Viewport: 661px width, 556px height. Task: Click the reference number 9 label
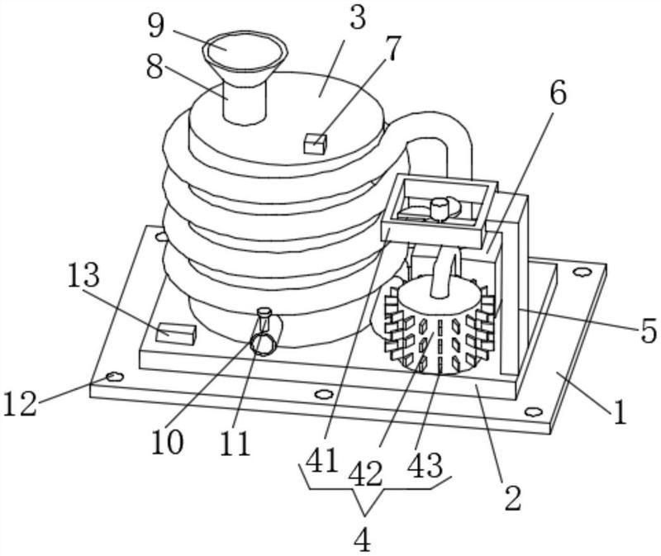[x=156, y=26]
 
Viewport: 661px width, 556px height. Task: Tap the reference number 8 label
[x=155, y=67]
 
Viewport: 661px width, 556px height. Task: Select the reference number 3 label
[x=357, y=19]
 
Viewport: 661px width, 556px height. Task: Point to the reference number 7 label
[x=392, y=50]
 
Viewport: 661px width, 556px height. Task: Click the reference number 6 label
[x=558, y=94]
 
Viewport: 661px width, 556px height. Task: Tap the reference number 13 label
[x=83, y=276]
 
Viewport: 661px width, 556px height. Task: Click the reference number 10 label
[x=168, y=442]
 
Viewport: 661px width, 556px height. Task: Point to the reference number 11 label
[x=235, y=444]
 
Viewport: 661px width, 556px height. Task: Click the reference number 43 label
[x=426, y=465]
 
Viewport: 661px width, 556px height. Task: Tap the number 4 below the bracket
[x=362, y=540]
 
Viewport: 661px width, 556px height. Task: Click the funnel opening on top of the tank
[x=245, y=49]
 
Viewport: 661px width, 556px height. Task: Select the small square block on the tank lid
[x=316, y=143]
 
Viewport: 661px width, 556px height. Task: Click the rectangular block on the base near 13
[x=176, y=333]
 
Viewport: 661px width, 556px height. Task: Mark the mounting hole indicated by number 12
[x=114, y=377]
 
